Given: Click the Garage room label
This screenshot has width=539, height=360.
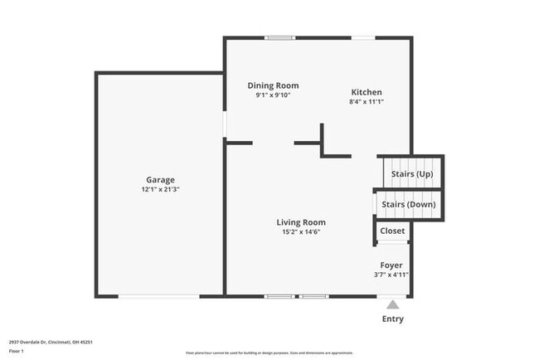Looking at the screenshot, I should click(x=160, y=179).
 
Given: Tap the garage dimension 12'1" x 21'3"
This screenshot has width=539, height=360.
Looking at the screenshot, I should click(x=160, y=189).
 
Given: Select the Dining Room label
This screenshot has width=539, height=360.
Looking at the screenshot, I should click(x=273, y=85).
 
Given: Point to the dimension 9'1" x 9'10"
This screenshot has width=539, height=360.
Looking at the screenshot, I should click(x=273, y=95).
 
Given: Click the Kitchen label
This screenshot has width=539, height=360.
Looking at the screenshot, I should click(x=366, y=92).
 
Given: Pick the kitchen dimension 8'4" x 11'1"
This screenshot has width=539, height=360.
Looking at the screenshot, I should click(x=366, y=101).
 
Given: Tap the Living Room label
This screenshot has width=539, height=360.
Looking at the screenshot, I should click(x=300, y=222).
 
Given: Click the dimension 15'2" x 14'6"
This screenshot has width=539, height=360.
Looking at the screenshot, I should click(x=300, y=231).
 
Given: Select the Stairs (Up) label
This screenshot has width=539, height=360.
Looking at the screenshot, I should click(x=412, y=174).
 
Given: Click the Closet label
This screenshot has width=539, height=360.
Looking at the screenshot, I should click(x=392, y=231).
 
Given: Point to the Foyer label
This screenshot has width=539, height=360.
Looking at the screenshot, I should click(x=391, y=265).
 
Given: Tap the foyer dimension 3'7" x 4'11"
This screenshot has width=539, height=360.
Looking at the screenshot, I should click(x=391, y=275).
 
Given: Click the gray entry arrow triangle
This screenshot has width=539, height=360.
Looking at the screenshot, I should click(x=392, y=304).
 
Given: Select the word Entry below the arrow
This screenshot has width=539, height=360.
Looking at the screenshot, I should click(x=393, y=319).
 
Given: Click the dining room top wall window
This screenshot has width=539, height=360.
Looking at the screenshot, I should click(x=279, y=37).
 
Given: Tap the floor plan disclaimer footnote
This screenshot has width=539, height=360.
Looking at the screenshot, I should click(x=269, y=352).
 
